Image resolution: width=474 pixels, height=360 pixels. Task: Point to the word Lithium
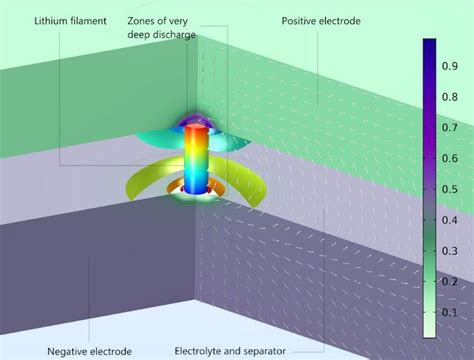(x=52, y=21)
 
